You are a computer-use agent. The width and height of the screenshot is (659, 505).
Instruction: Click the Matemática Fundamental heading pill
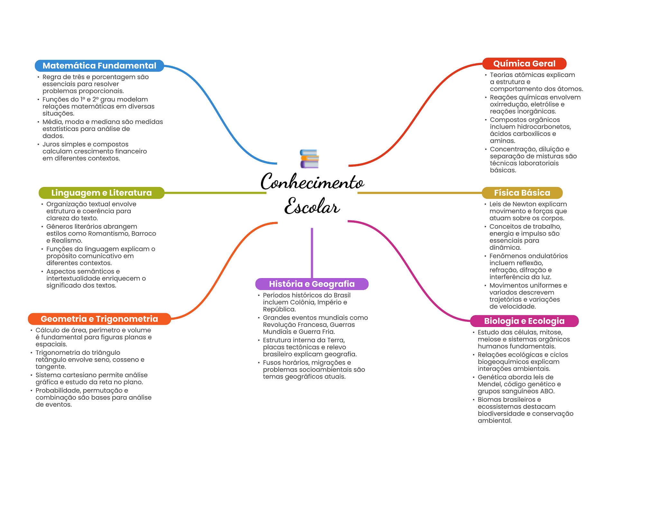coord(99,66)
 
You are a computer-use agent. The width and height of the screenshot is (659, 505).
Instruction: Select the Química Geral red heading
coord(524,64)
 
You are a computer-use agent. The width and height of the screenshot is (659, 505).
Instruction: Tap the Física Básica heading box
coord(522,193)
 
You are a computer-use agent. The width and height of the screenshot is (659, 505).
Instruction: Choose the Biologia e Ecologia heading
coord(524,321)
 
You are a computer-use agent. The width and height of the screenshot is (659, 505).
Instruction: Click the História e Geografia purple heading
coord(311,284)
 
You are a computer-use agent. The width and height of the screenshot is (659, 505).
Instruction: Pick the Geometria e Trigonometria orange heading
coord(99,319)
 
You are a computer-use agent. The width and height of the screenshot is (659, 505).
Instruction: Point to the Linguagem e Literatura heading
coord(101,193)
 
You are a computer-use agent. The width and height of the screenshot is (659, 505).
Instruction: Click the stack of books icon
coord(309,159)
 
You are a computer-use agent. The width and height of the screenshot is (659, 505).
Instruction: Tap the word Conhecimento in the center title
coord(312,182)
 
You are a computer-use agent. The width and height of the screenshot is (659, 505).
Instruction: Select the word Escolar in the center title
coord(312,206)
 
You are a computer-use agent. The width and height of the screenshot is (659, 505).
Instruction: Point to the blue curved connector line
coord(219,113)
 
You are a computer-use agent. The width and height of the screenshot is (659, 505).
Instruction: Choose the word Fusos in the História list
coord(272,363)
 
